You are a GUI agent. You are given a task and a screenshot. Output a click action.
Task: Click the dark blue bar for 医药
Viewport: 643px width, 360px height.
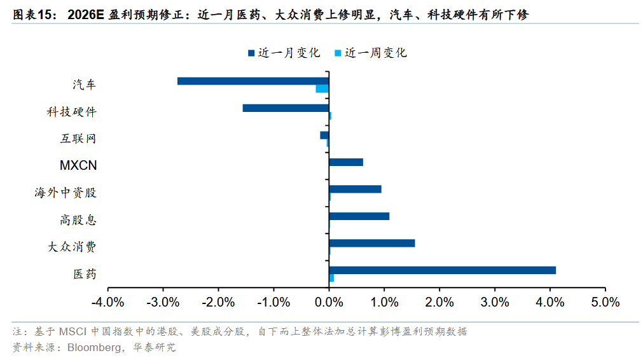(x=442, y=270)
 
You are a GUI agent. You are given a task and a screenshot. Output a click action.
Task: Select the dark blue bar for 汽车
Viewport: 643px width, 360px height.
(x=252, y=81)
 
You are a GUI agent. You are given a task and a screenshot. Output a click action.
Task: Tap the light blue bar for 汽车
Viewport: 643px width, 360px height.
(x=322, y=89)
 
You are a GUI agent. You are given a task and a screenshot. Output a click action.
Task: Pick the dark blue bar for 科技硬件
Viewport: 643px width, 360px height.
(x=286, y=108)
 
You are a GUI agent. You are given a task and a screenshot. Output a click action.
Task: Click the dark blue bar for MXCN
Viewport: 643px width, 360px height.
(x=346, y=162)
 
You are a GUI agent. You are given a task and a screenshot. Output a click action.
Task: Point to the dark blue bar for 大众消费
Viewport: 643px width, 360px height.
(x=372, y=243)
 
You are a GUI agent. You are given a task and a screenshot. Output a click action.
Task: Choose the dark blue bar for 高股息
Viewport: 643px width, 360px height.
(x=359, y=216)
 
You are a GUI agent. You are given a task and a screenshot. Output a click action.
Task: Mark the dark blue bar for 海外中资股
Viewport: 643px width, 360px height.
(x=355, y=189)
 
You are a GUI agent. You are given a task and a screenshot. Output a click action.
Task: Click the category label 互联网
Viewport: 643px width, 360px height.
(x=83, y=139)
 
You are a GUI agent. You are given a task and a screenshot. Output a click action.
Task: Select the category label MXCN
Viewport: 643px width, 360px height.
(x=78, y=166)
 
